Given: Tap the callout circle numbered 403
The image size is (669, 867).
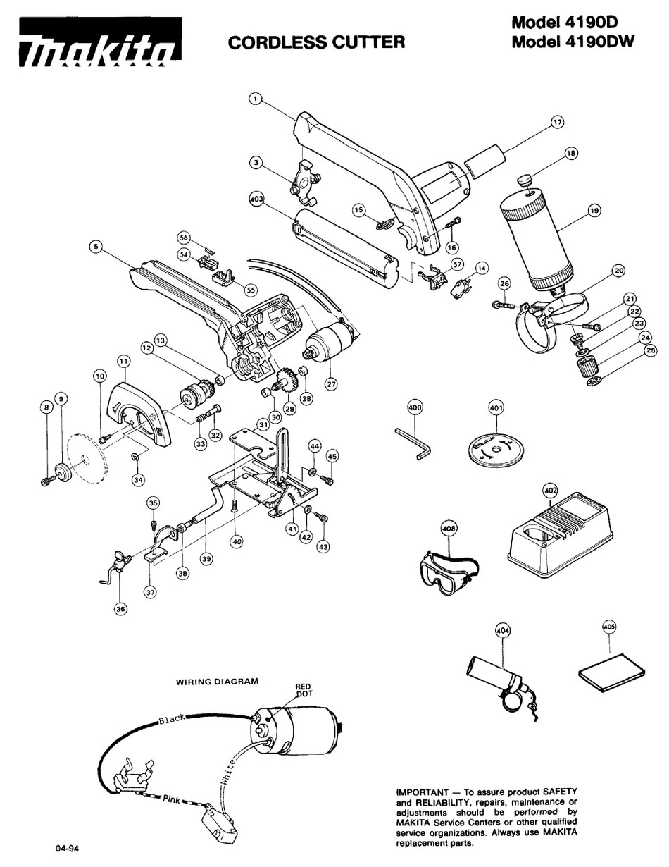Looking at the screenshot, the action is tap(256, 199).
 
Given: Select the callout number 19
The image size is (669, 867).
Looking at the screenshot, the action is tap(594, 210).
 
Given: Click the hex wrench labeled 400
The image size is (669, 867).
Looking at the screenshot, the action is tap(413, 443).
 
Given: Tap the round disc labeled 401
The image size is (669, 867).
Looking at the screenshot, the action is tap(494, 449).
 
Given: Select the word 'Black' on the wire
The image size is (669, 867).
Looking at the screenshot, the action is tap(172, 718).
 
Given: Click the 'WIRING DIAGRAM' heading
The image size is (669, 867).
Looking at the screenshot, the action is tap(217, 681).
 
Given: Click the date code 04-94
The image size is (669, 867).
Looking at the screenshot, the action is tap(68, 848).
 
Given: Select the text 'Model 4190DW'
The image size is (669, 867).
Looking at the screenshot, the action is tap(573, 41).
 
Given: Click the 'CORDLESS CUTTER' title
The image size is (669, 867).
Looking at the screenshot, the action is tap(316, 42).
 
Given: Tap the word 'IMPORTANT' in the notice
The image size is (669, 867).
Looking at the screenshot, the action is tap(423, 792).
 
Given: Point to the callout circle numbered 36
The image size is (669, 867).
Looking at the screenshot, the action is tap(120, 609).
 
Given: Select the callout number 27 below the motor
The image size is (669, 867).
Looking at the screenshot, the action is tap(331, 384).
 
